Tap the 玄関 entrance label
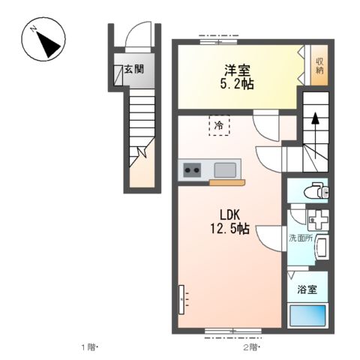click(134, 69)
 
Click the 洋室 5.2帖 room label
click(237, 76)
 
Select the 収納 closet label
click(319, 65)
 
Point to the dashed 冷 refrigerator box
click(219, 125)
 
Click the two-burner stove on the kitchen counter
click(192, 170)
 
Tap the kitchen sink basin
click(225, 170)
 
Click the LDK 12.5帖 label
click(230, 221)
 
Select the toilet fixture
click(316, 190)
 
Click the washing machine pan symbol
click(318, 220)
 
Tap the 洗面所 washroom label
click(301, 238)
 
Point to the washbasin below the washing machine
click(322, 247)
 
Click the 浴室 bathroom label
click(307, 289)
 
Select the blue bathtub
click(307, 315)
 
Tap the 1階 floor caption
click(88, 347)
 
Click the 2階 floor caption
click(250, 347)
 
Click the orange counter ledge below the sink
click(227, 183)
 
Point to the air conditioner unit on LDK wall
click(181, 299)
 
